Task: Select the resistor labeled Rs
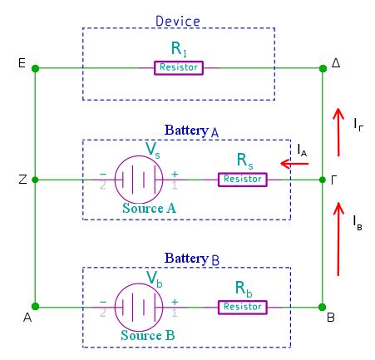pyautogui.click(x=243, y=179)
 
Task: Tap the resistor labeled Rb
pyautogui.click(x=243, y=307)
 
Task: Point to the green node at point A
pyautogui.click(x=35, y=307)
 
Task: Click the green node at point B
pyautogui.click(x=323, y=307)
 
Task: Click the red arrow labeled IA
pyautogui.click(x=295, y=164)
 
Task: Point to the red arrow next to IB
pyautogui.click(x=338, y=239)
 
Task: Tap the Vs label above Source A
pyautogui.click(x=154, y=148)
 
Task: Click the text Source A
pyautogui.click(x=148, y=208)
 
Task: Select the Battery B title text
pyautogui.click(x=192, y=259)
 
